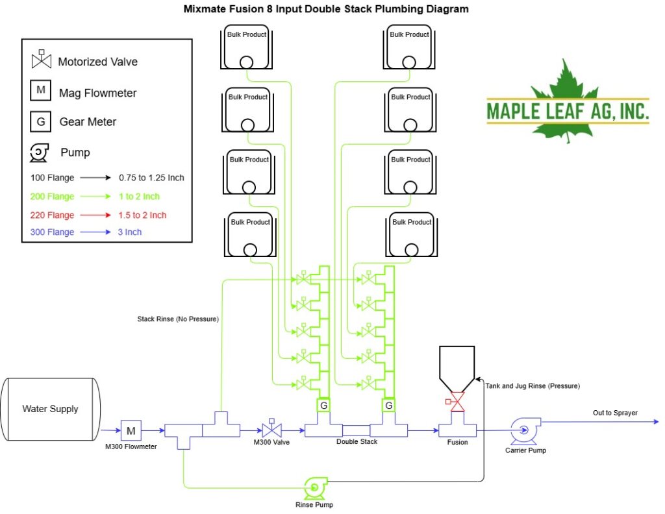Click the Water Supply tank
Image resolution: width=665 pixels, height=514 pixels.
coord(51,409)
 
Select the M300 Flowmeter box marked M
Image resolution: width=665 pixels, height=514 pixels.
coord(131,430)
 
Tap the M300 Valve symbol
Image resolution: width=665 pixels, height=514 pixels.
coord(271,429)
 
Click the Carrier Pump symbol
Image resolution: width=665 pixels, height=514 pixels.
coord(525,431)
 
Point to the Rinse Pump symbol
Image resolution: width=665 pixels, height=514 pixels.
coord(315,488)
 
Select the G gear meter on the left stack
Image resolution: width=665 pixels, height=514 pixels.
coord(323,406)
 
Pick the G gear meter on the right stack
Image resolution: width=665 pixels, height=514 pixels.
coord(388,406)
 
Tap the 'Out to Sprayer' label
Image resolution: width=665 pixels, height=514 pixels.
coord(615,413)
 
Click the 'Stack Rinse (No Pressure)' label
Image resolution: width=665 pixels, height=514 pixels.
coord(178,319)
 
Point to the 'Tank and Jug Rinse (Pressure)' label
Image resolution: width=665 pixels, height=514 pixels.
coord(533,386)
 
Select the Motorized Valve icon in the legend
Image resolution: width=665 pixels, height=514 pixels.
coord(42,59)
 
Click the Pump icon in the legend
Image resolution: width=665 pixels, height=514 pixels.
coord(39,153)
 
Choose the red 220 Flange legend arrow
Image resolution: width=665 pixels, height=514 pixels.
coord(95,215)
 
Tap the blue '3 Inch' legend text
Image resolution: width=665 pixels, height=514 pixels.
coord(130,232)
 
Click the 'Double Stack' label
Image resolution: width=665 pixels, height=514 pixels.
coord(357,441)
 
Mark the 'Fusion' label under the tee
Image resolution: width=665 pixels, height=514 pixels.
coord(457,442)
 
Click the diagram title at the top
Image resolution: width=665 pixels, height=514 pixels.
coord(326,9)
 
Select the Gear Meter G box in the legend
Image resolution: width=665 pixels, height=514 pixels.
coord(41,121)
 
